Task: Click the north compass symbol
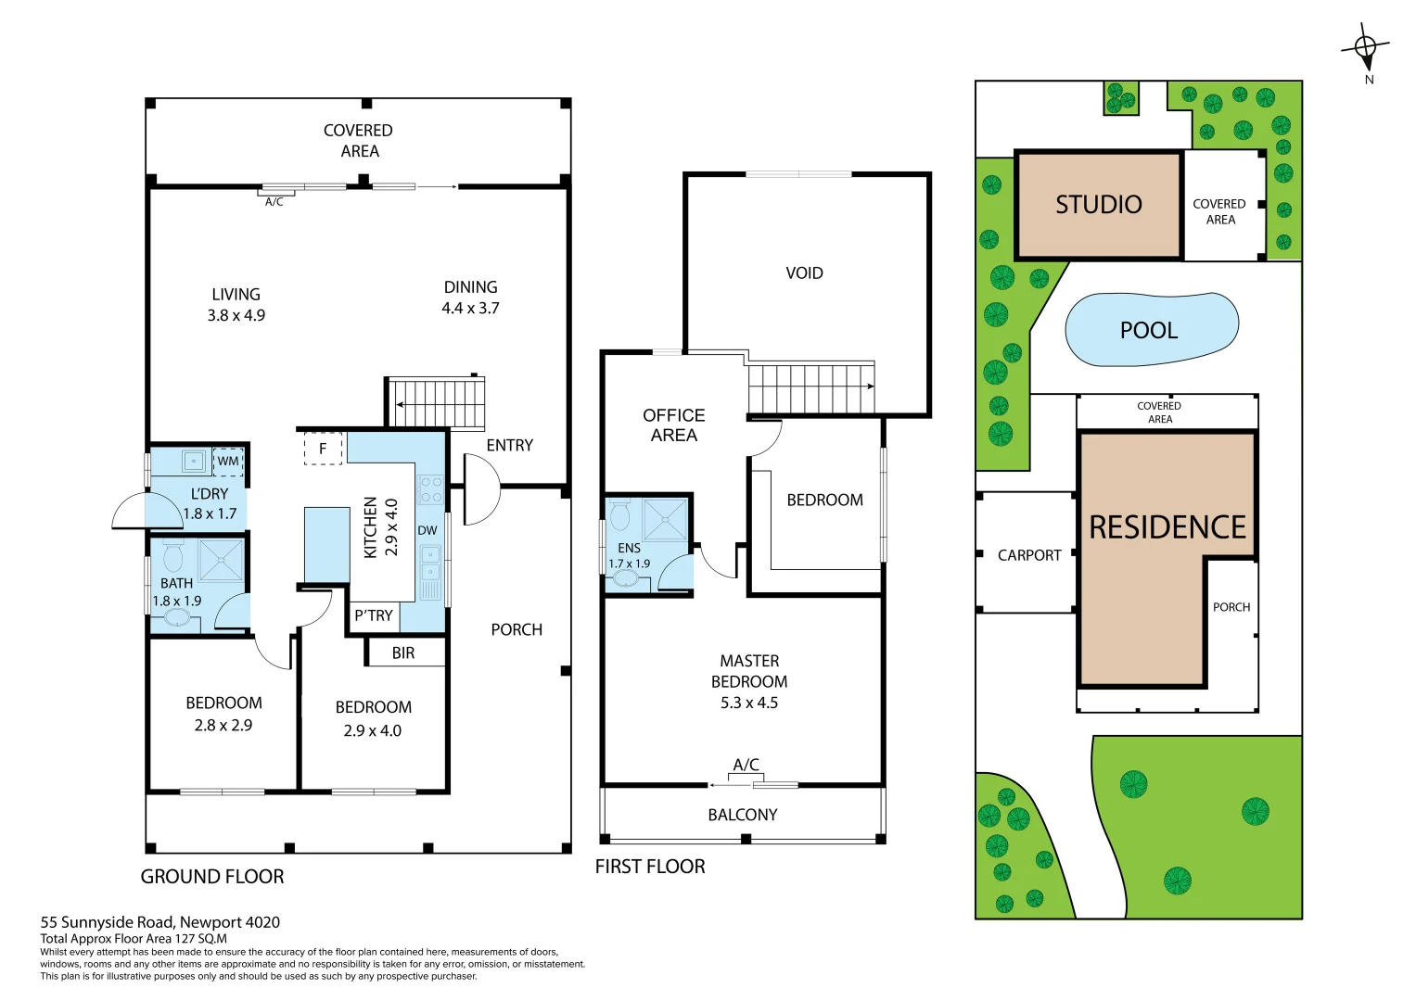tap(1365, 47)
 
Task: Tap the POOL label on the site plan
tap(1149, 331)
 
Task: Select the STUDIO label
tap(1098, 205)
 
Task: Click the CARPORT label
tap(1028, 555)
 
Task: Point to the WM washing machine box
tap(228, 461)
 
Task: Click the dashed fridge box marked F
tap(323, 449)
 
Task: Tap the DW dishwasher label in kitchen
tap(427, 531)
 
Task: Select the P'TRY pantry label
tap(374, 615)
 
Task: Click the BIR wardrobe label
tap(403, 653)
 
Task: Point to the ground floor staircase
tap(436, 403)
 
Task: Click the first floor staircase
tap(811, 388)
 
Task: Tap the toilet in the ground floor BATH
tap(172, 558)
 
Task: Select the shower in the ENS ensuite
tap(665, 520)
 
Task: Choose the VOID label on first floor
tap(804, 273)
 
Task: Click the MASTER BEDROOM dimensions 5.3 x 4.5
tap(749, 703)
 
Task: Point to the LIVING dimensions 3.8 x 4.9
tap(236, 316)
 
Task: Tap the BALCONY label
tap(742, 815)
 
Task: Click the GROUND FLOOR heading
tap(212, 877)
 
